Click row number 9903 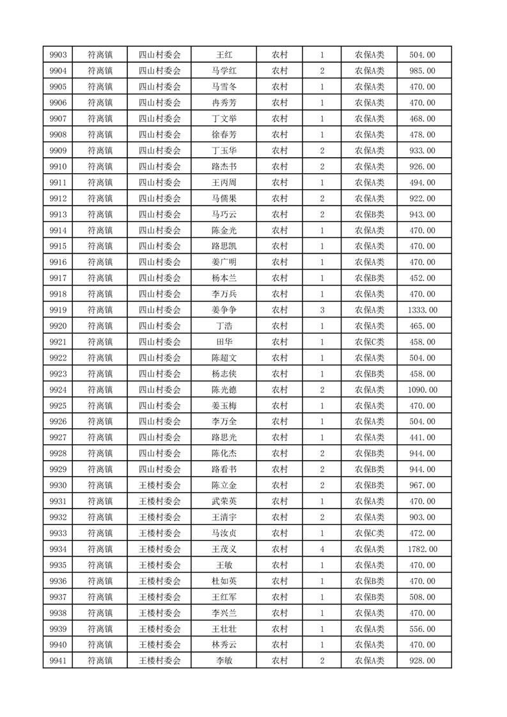pos(58,55)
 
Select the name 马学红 pos(223,71)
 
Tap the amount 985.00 pos(422,71)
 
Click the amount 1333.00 pos(422,310)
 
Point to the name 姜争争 pos(223,310)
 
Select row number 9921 pos(58,342)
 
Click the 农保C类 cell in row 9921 pos(370,342)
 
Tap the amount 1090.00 pos(422,390)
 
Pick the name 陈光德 pos(223,390)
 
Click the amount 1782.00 pos(422,549)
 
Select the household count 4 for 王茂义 pos(322,549)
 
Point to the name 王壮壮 pos(223,629)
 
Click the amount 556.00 pos(422,629)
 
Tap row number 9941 pos(58,661)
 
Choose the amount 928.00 pos(422,661)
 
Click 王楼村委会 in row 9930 pos(160,485)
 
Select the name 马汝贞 pos(223,533)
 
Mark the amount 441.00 pos(422,438)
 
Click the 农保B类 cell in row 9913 pos(370,215)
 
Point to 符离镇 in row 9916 pos(100,262)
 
